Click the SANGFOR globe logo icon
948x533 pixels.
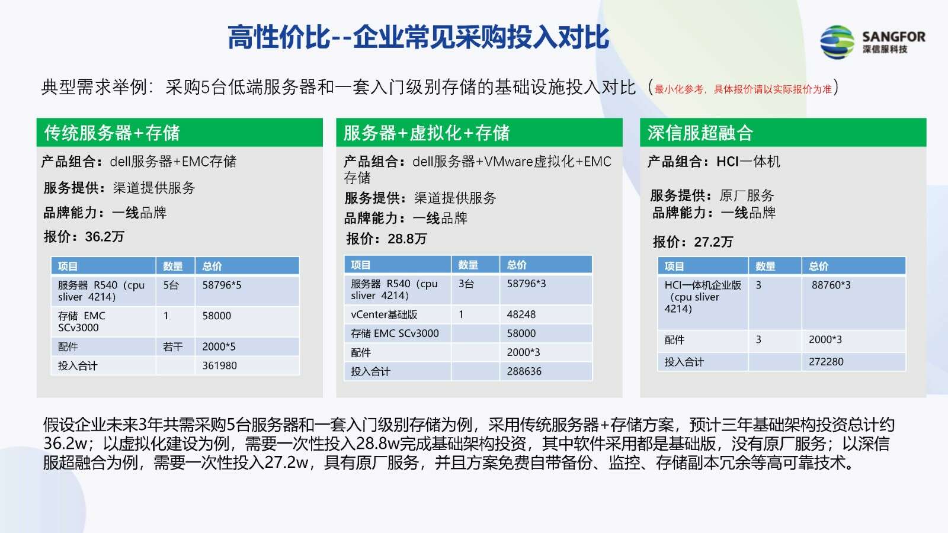[x=837, y=42]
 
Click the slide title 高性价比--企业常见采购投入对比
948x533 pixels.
[x=418, y=37]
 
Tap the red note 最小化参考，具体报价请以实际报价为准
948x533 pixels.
[x=743, y=89]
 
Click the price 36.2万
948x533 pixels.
[x=104, y=236]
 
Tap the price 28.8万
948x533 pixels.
[x=407, y=239]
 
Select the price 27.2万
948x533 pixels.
[x=713, y=242]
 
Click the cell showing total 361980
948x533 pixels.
[x=247, y=365]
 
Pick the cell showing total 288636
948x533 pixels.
[x=546, y=371]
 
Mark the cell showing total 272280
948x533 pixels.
[x=854, y=362]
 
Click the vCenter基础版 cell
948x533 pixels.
[x=398, y=314]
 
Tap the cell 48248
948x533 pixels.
[x=546, y=314]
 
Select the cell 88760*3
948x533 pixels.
[x=854, y=303]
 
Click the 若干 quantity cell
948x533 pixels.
[x=175, y=346]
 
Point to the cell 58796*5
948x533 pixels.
[x=247, y=291]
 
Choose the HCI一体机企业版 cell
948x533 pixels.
[x=703, y=303]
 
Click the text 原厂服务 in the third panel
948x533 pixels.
[x=747, y=195]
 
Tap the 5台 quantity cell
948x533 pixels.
[x=175, y=291]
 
